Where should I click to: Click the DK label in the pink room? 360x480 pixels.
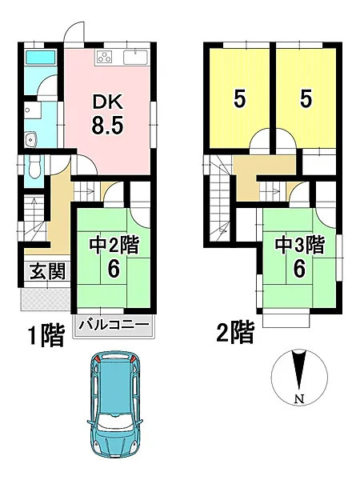pos(108,102)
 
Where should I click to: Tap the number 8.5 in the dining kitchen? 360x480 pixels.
pos(107,126)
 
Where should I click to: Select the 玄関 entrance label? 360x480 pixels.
pos(48,271)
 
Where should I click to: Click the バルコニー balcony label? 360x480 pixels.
pos(114,325)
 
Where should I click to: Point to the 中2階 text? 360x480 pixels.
pos(114,245)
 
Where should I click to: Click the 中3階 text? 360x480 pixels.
pos(300,245)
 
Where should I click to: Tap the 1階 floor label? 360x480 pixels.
pos(46,335)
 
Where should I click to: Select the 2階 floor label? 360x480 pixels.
pos(235,333)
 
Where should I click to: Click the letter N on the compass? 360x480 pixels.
pos(299,399)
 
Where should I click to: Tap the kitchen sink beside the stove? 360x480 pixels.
pos(135,58)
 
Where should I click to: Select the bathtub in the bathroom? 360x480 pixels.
pos(40,58)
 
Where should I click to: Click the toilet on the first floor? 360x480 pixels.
pos(34,168)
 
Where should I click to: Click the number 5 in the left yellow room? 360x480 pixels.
pos(240,99)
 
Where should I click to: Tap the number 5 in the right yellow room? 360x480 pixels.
pos(306,99)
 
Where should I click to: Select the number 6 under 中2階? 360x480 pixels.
pos(114,270)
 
